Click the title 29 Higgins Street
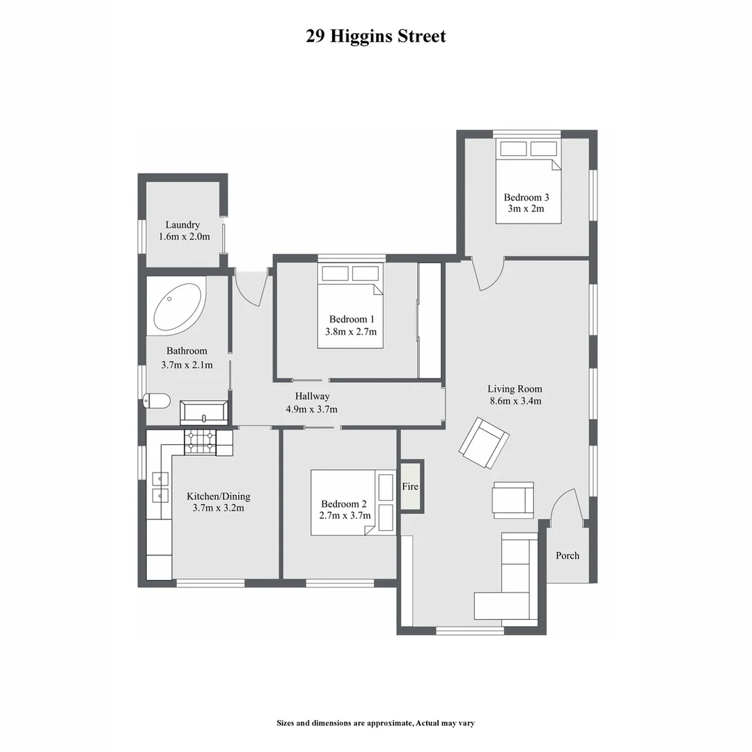coord(375,36)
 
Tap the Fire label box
coord(410,486)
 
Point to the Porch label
coord(567,556)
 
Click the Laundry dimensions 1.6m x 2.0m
coord(183,237)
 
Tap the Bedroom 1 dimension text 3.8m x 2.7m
coord(351,332)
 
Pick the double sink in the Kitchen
coord(159,487)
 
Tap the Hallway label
coord(312,396)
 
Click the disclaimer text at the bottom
coord(375,723)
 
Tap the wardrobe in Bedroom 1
coord(430,320)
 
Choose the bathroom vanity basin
coord(203,413)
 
